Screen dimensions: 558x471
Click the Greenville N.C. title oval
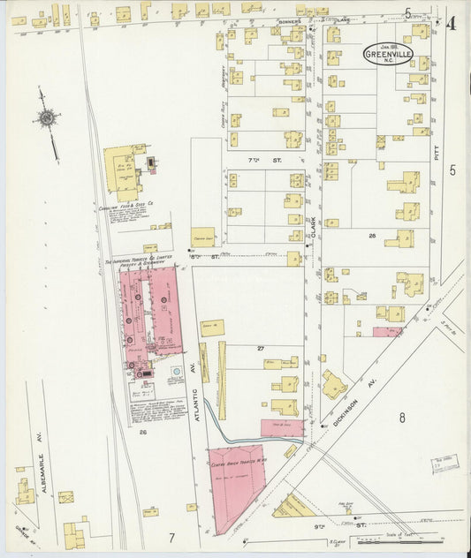[388, 55]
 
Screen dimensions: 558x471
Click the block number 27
[262, 349]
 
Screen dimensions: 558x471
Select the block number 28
[373, 236]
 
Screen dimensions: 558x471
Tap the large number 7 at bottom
[172, 537]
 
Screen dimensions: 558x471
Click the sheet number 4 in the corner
[451, 24]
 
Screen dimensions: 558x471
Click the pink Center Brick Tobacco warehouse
[235, 481]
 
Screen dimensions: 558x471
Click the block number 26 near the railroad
[141, 432]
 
